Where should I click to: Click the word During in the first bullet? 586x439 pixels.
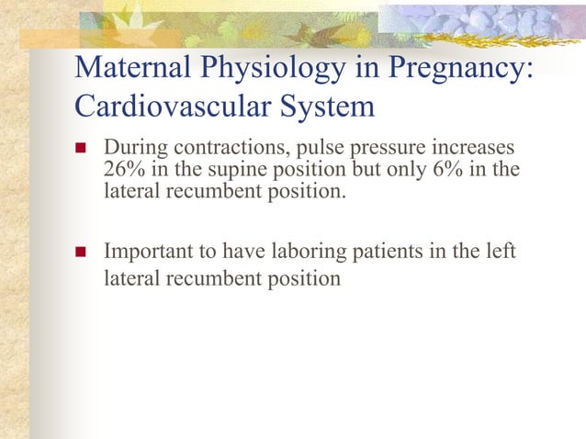click(x=132, y=149)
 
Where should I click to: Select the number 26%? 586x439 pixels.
click(x=123, y=171)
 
